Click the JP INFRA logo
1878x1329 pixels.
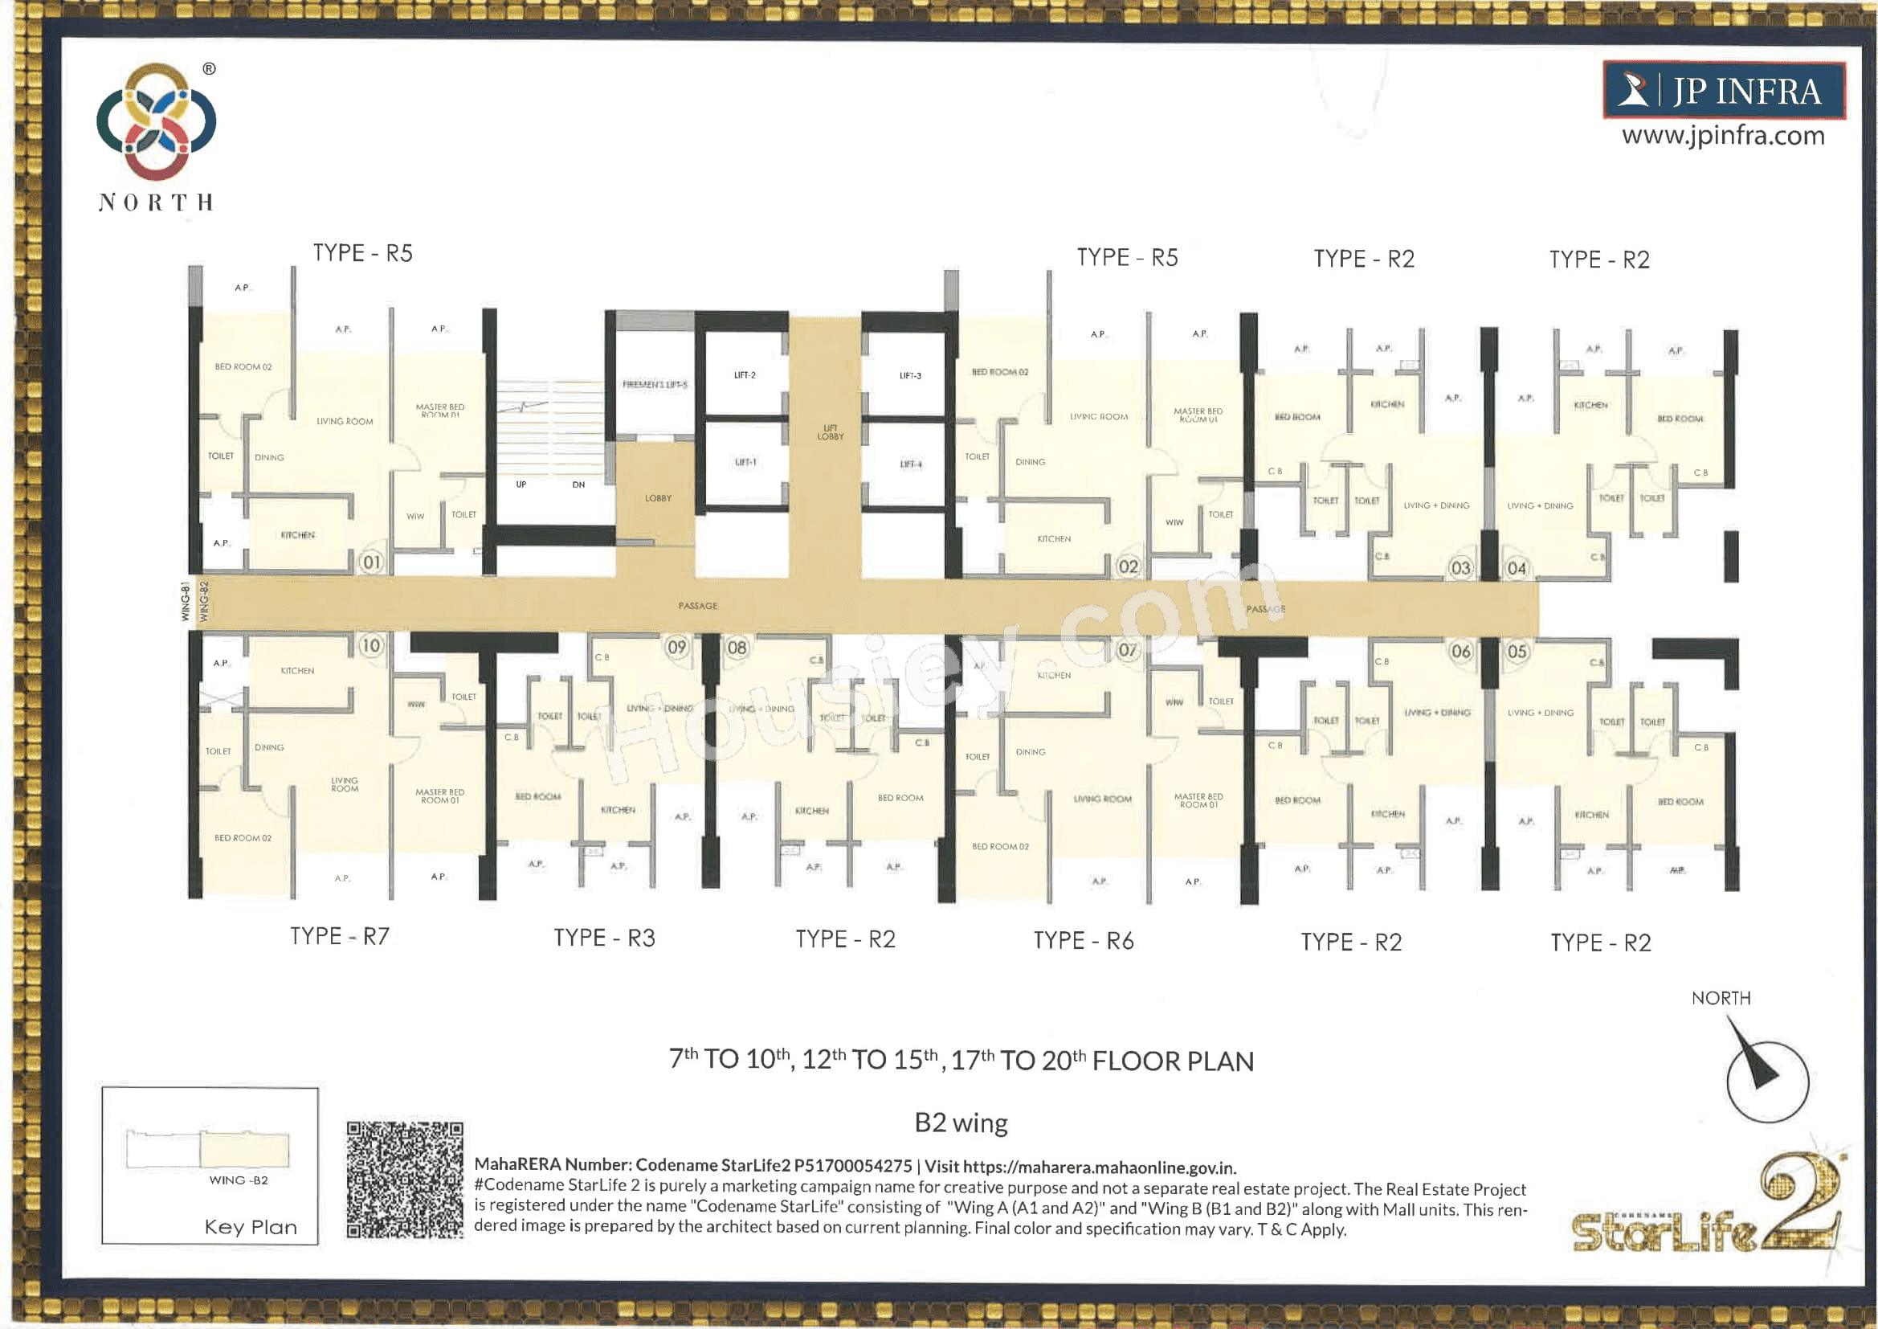1724,90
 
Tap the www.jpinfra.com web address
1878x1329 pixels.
1724,135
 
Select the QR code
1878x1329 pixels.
404,1180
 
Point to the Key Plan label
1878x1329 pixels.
251,1227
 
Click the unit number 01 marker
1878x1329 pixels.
371,562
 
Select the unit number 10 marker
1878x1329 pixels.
371,646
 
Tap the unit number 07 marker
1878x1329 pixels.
1128,651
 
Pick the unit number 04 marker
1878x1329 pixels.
1517,569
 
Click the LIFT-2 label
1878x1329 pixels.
745,375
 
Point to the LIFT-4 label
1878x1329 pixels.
910,464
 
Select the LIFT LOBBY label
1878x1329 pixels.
831,432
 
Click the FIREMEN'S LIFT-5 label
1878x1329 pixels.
655,385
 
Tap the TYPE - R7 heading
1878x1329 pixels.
340,936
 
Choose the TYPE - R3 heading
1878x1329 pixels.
604,938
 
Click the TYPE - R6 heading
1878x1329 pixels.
1083,941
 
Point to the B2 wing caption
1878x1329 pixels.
961,1122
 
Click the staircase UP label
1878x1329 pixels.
521,485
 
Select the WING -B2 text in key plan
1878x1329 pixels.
238,1180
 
